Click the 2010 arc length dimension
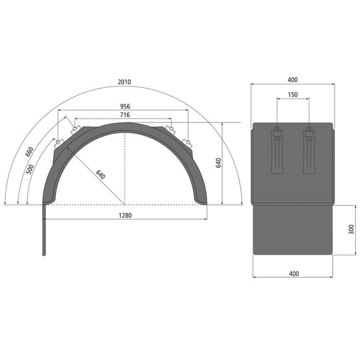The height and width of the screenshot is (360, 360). (x=124, y=83)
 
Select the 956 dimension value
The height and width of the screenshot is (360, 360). (x=124, y=106)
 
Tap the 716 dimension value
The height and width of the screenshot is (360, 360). (x=124, y=116)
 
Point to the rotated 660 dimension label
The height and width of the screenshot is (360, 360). (x=29, y=152)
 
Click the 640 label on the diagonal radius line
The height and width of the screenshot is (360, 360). (x=100, y=176)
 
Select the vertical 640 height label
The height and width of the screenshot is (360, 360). (x=218, y=164)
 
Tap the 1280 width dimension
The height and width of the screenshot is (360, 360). (x=124, y=216)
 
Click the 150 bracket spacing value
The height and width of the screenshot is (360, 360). (x=292, y=95)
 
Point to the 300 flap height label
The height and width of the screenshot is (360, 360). (x=351, y=230)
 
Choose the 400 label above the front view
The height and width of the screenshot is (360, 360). (x=292, y=80)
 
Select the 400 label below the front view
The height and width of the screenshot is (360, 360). (x=292, y=273)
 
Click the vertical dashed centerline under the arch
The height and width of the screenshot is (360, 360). (x=125, y=166)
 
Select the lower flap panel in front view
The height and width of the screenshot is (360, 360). (x=292, y=230)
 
